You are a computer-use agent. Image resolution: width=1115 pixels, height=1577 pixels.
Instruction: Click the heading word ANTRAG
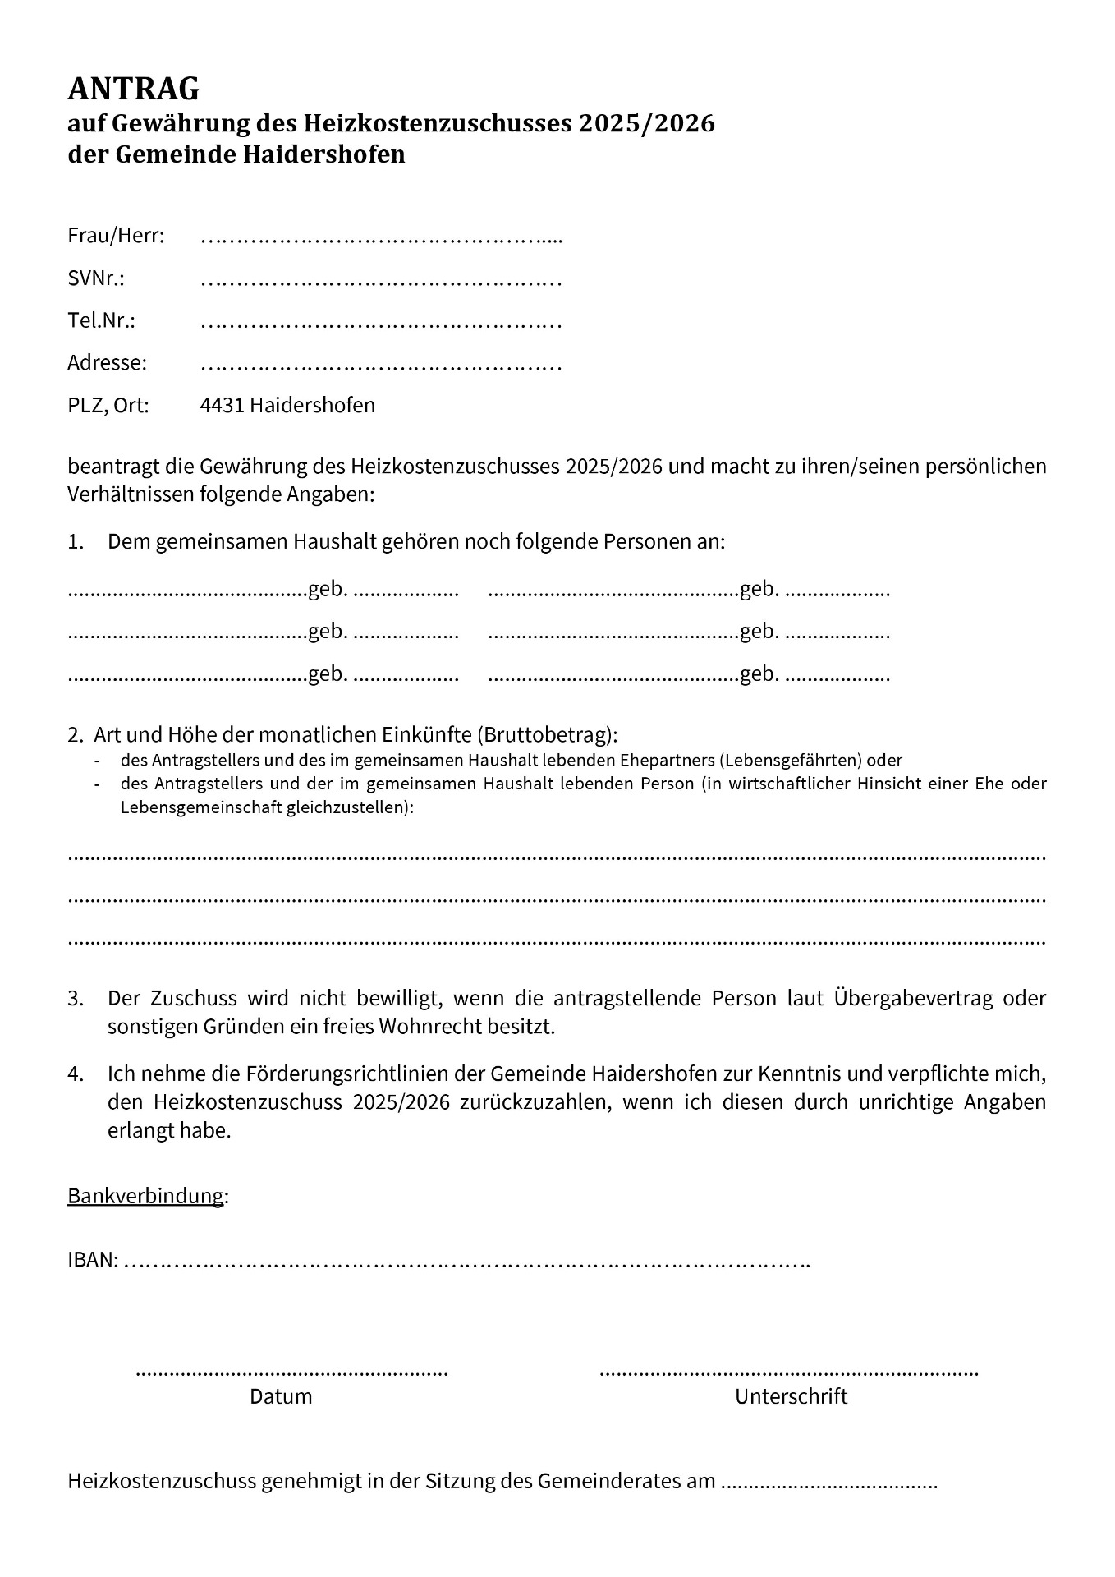[133, 88]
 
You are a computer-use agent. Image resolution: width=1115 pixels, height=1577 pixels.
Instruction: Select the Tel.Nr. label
[101, 320]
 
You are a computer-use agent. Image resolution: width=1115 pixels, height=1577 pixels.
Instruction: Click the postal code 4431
[222, 405]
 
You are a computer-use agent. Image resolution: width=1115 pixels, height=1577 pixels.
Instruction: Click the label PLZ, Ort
[108, 406]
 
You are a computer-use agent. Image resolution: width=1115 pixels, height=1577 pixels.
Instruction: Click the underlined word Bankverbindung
[145, 1196]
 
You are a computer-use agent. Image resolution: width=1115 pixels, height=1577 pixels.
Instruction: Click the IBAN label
[93, 1260]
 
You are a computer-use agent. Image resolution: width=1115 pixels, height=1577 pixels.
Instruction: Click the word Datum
[281, 1396]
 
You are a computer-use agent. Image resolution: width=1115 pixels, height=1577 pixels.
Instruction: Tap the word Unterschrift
[791, 1396]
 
